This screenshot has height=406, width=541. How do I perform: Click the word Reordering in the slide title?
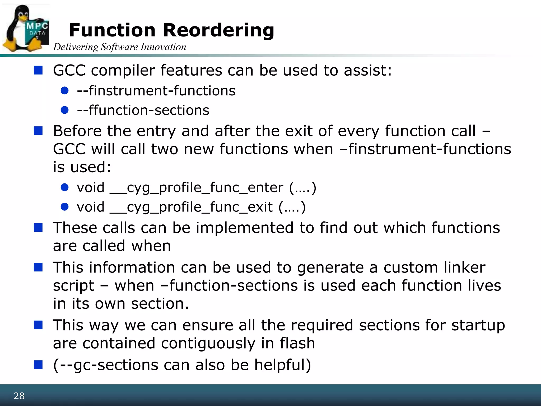coord(218,30)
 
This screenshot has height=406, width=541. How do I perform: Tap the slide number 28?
coord(19,396)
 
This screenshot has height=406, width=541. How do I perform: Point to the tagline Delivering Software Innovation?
coord(120,47)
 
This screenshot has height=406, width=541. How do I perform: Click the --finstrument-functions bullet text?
coord(156,91)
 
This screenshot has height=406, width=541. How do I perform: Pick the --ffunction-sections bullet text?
coord(143,110)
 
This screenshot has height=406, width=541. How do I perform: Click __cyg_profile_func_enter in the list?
coord(197,188)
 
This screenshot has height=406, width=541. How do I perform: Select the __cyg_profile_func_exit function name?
coord(191,207)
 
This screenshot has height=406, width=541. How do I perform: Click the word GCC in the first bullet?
coord(69,71)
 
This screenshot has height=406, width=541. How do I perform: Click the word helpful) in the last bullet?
coord(283,365)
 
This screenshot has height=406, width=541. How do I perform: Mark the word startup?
coord(478,325)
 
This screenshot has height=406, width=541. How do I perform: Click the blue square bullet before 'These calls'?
coord(38,228)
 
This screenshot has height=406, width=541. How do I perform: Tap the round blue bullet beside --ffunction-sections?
coord(65,110)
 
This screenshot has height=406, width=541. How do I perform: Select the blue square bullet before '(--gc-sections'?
coord(38,365)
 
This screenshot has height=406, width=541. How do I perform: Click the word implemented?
coord(245,228)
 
